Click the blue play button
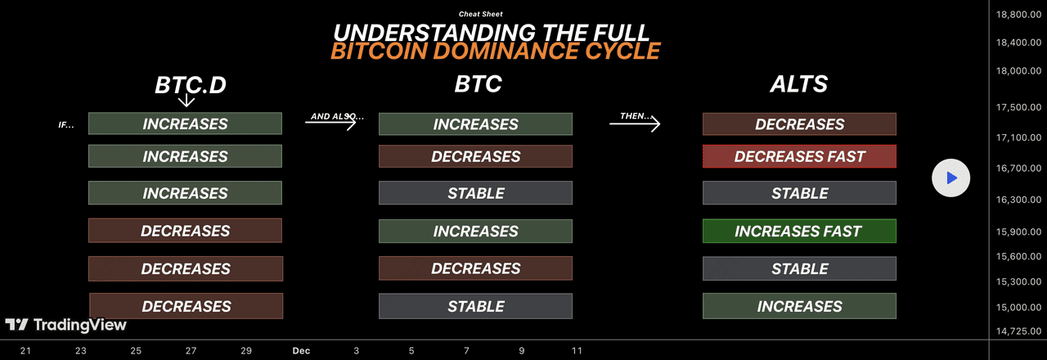tap(950, 178)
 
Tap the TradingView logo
tap(66, 325)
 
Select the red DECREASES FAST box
tap(799, 156)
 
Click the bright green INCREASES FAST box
tap(799, 231)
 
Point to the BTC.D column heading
tap(191, 85)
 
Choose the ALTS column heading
tap(799, 84)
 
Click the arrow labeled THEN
tap(635, 124)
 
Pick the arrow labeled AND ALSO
tap(331, 122)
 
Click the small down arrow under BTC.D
tap(186, 100)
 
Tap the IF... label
tap(66, 125)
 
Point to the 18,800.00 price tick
tap(1018, 15)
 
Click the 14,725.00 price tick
tap(1018, 331)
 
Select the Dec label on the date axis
tap(301, 351)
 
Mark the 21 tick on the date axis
tap(25, 351)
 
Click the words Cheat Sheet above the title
tap(480, 14)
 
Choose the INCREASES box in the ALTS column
tap(799, 306)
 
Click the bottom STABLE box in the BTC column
tap(475, 306)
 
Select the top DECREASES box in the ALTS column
tap(799, 124)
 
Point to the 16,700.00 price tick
tap(1018, 169)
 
